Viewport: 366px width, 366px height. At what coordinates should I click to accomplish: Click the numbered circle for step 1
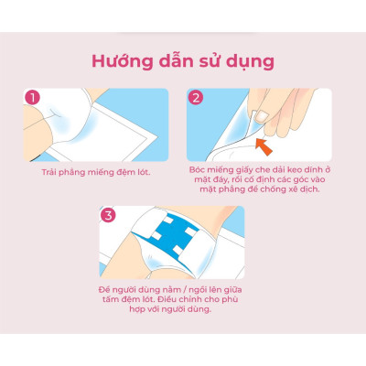pos(32,97)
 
